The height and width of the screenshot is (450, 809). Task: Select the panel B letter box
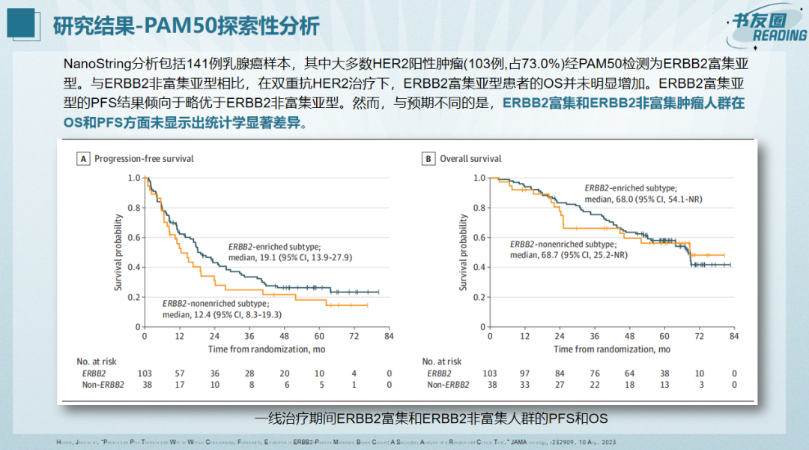pyautogui.click(x=428, y=159)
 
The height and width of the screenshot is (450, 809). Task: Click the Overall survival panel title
pyautogui.click(x=470, y=159)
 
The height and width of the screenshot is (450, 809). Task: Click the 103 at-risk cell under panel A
pyautogui.click(x=145, y=373)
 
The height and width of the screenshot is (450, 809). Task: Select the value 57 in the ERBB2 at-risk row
pyautogui.click(x=180, y=373)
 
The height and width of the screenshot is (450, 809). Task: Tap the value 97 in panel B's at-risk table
pyautogui.click(x=524, y=373)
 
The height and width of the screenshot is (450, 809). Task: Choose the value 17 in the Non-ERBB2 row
pyautogui.click(x=180, y=385)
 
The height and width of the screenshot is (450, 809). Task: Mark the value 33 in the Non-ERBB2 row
pyautogui.click(x=524, y=385)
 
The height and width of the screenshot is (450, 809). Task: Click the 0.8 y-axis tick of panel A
pyautogui.click(x=133, y=208)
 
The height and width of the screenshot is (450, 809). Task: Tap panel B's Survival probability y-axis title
pyautogui.click(x=464, y=253)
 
